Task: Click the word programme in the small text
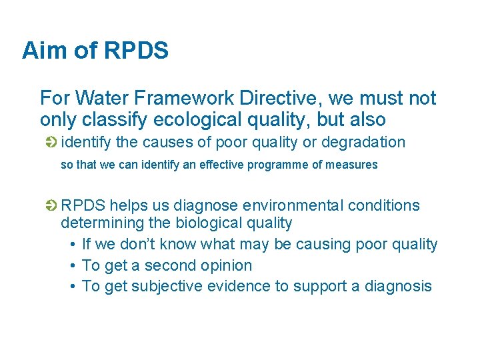tap(282, 165)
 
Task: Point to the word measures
tap(352, 165)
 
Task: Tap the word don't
tap(138, 244)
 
